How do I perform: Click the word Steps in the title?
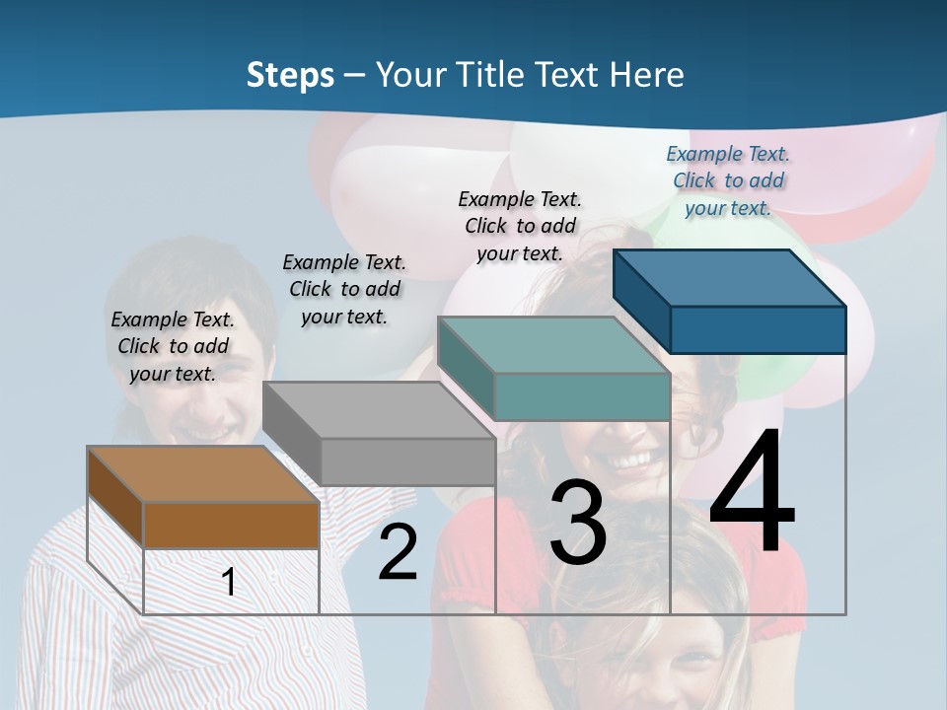coord(289,75)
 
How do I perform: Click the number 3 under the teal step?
coord(578,523)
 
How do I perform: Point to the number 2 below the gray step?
coord(398,553)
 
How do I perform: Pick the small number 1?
coord(229,583)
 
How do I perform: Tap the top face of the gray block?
coord(379,409)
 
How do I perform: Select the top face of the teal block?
coord(552,345)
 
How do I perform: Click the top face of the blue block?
coord(729,278)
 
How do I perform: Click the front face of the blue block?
coord(758,329)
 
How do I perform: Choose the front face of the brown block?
coord(231,525)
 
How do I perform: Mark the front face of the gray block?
coord(407,461)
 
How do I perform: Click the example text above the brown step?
coord(173,346)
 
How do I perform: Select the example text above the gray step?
coord(344,289)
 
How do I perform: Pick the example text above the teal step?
coord(520,226)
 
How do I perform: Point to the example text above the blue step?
coord(728,180)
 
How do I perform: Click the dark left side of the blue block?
coord(641,300)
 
